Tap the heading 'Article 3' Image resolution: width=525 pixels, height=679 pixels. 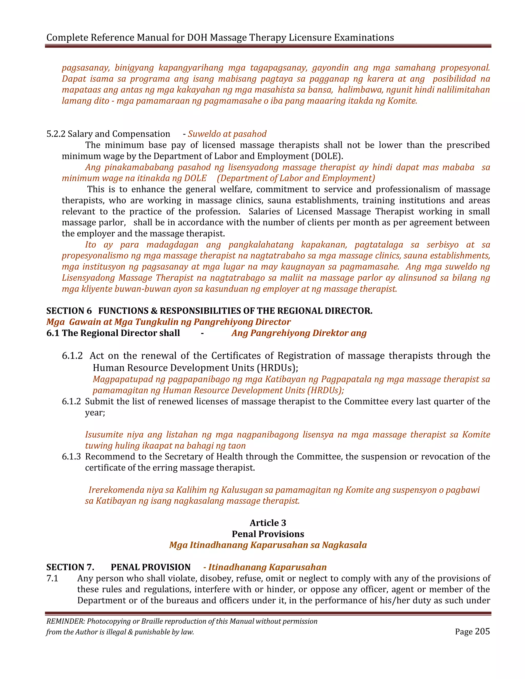click(x=268, y=523)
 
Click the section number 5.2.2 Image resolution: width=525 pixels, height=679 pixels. click(x=56, y=134)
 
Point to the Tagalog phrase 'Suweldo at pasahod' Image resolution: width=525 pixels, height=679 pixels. click(x=227, y=134)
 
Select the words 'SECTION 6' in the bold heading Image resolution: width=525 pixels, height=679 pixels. click(x=69, y=311)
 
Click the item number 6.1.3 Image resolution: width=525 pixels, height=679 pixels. click(x=71, y=456)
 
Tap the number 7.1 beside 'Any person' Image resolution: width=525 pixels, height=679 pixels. click(x=52, y=578)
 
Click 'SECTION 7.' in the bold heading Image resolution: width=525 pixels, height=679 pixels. click(x=70, y=567)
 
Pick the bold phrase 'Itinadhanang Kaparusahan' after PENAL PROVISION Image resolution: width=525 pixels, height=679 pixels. click(x=267, y=567)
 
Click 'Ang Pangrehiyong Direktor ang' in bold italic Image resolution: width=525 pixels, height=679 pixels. click(x=299, y=333)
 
